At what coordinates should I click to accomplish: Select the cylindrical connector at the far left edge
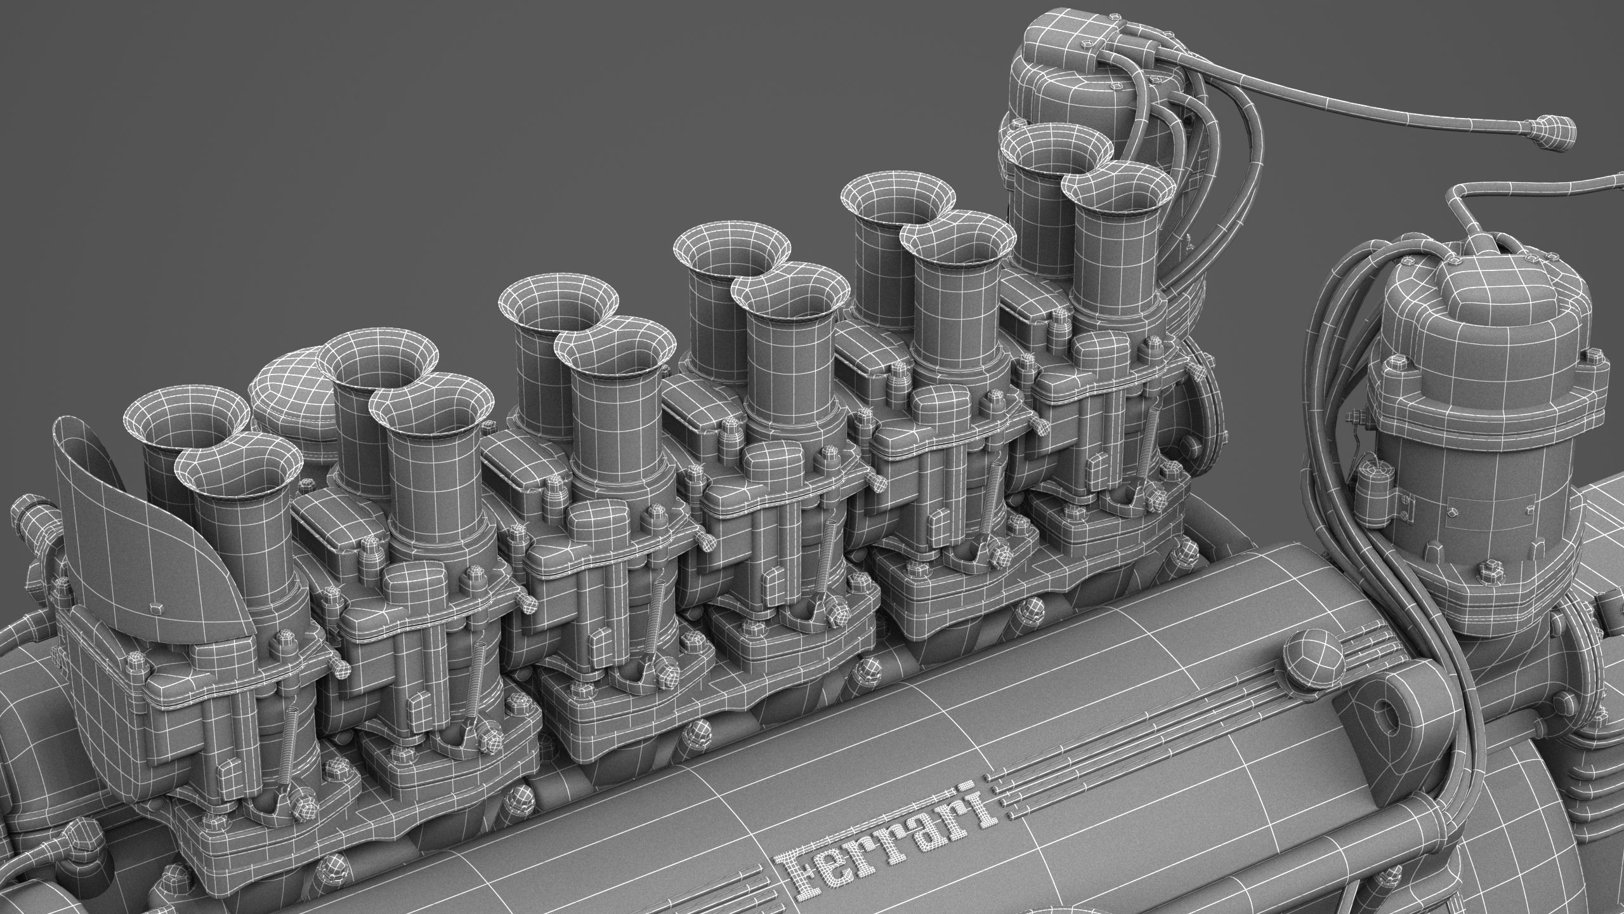(x=25, y=508)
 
